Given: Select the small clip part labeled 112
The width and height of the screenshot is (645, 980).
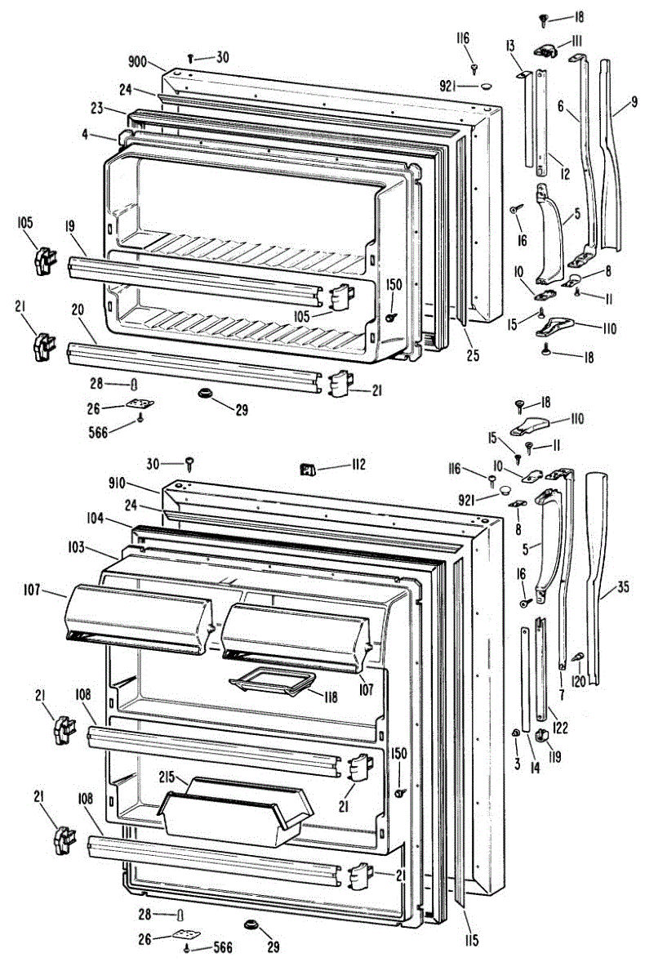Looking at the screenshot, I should point(307,469).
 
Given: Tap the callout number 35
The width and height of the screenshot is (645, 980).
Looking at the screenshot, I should point(624,586).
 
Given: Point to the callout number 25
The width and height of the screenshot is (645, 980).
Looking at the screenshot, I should point(474,355).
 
